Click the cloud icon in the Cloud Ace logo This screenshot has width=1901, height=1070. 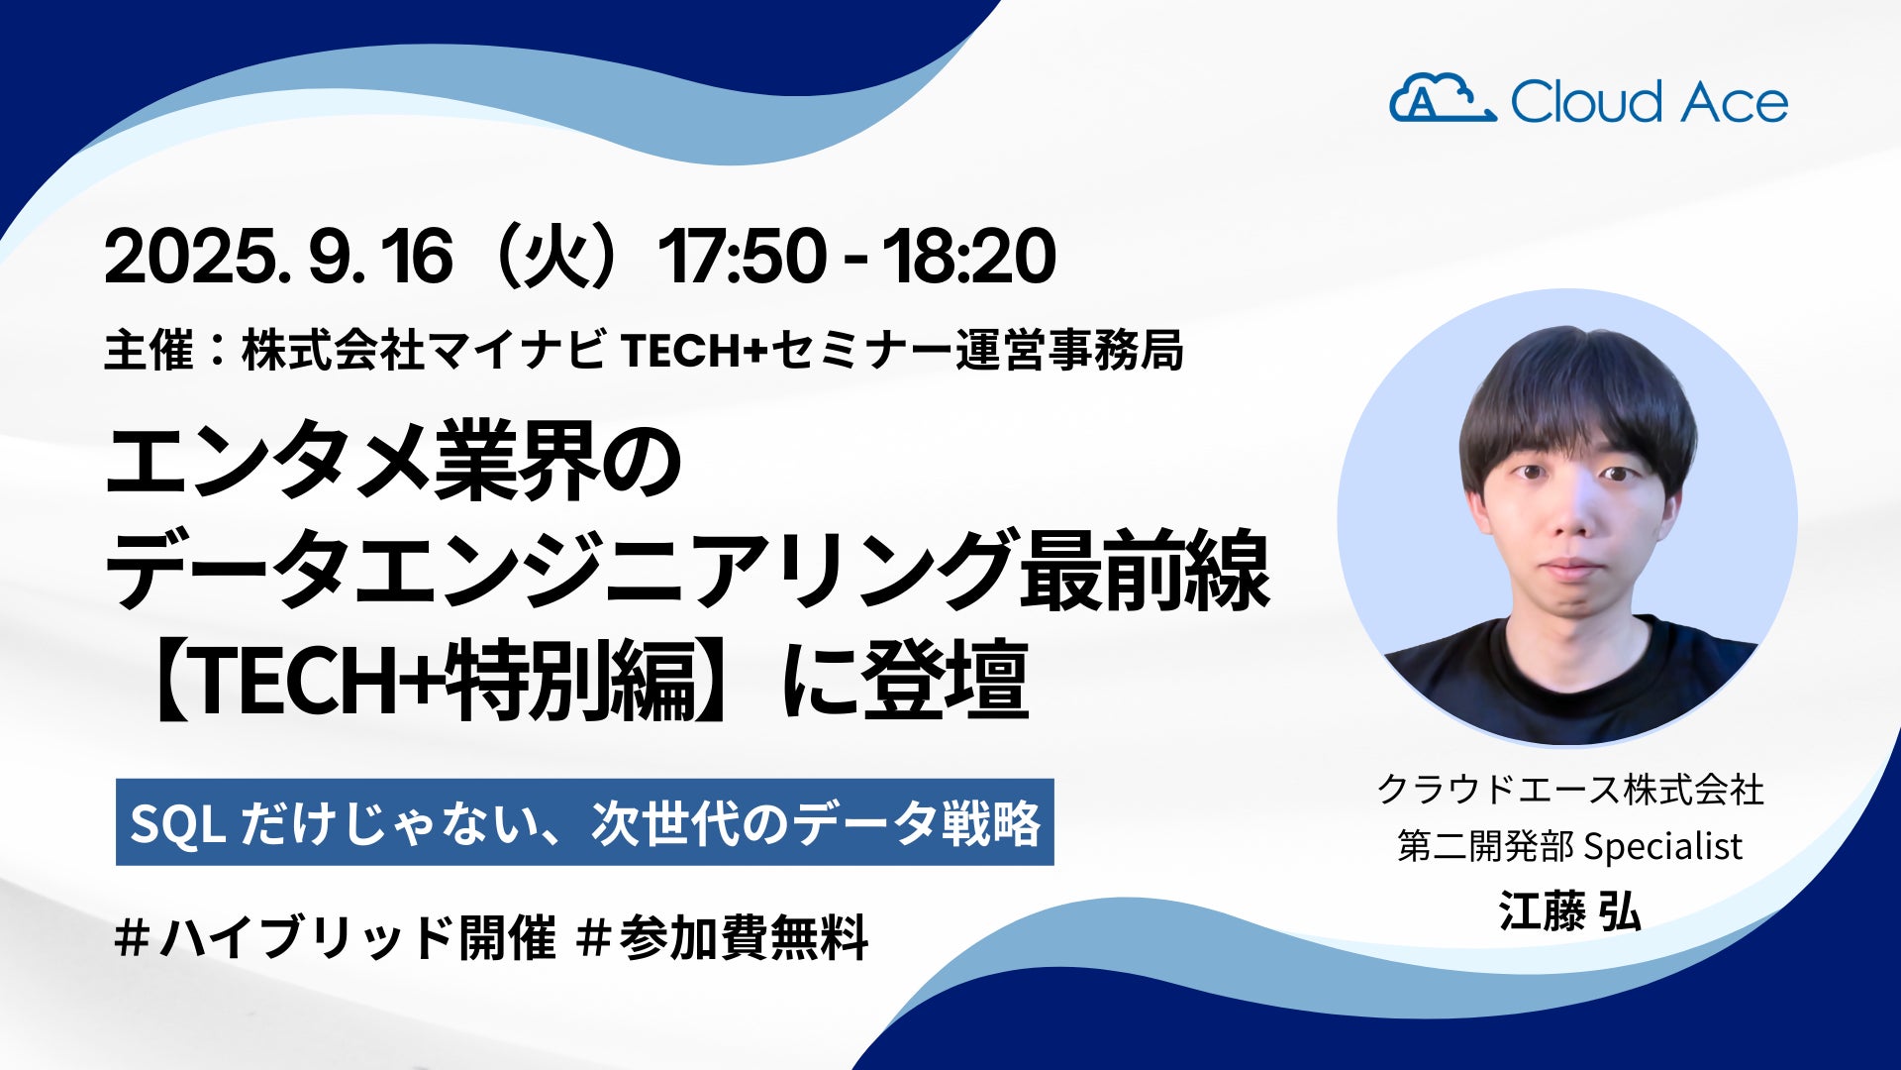1443,98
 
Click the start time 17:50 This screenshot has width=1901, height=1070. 742,257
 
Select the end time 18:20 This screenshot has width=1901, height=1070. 969,257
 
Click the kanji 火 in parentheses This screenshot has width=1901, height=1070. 550,256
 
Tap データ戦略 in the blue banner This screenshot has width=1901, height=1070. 917,822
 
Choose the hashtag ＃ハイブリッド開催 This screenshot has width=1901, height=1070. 336,937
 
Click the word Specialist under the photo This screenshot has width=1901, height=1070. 1663,846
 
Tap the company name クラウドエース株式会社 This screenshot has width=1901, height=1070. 1570,790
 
